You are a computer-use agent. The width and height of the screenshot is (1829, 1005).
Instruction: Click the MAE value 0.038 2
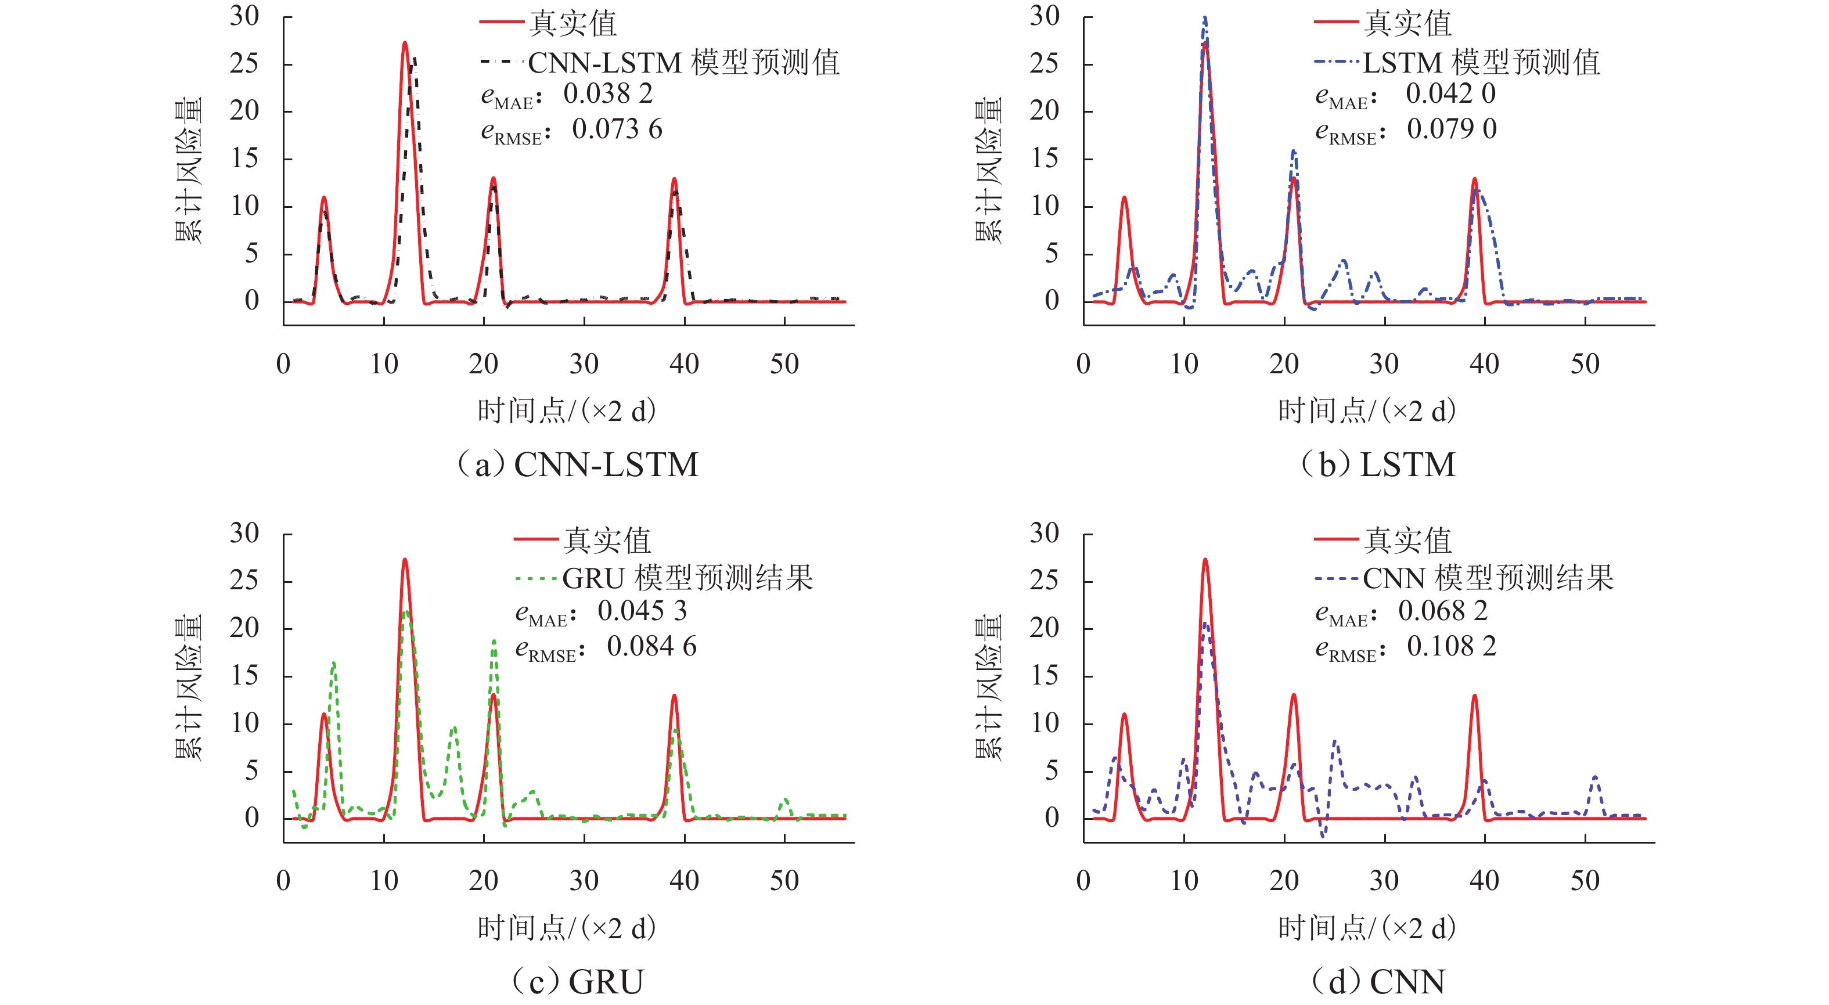(608, 93)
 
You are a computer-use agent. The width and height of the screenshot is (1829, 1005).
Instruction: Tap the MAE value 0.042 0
(1450, 93)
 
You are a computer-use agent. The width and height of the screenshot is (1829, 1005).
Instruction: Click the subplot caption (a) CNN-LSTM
(577, 465)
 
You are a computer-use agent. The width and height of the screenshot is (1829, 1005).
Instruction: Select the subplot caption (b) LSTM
(1377, 465)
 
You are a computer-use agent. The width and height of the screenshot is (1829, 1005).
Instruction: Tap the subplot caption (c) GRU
(577, 982)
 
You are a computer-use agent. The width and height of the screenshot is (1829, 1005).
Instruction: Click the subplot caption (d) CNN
(1377, 982)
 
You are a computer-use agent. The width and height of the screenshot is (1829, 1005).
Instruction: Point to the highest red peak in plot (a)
(405, 44)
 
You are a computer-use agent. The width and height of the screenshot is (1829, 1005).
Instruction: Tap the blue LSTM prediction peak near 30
(1205, 20)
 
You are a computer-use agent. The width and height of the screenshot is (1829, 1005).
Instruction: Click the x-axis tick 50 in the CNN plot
(1585, 881)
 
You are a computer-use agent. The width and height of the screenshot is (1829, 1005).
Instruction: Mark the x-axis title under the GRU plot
(567, 928)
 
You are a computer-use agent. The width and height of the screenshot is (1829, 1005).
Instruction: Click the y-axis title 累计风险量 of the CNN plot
(988, 687)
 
